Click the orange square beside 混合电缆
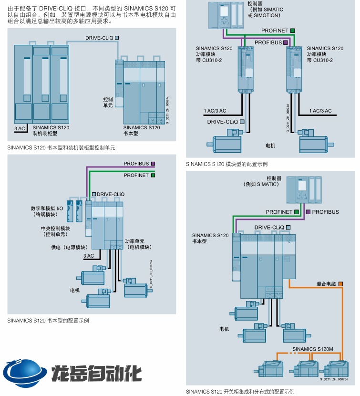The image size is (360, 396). (340, 284)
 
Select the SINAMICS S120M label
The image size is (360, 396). (312, 349)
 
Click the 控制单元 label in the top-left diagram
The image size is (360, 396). (108, 102)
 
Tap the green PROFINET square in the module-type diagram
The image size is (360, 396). (292, 31)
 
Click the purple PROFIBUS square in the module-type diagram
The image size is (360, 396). (286, 42)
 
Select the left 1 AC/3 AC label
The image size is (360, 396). (216, 111)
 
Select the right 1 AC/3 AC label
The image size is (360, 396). (320, 111)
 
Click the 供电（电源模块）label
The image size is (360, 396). (70, 247)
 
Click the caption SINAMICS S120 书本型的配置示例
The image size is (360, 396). (48, 321)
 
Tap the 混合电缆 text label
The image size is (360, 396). (326, 284)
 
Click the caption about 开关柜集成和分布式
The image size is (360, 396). (240, 392)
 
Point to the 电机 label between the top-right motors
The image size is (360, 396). (270, 144)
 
